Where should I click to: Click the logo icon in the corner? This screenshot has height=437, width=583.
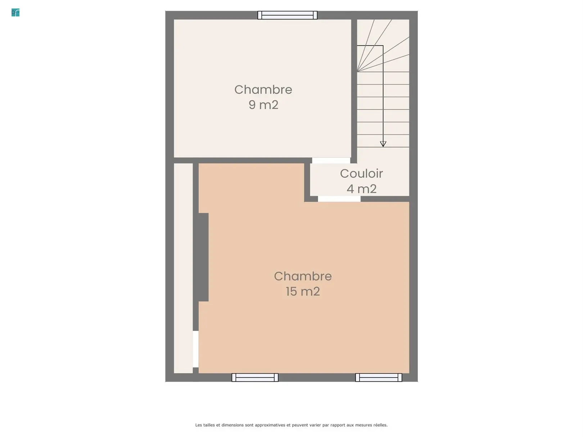(15, 13)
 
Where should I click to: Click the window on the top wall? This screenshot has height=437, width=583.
(288, 15)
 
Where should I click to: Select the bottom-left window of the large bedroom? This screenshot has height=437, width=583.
(255, 377)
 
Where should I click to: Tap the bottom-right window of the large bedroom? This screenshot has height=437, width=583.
(379, 377)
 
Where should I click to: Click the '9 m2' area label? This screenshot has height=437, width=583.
(263, 105)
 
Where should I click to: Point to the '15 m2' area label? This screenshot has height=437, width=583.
(303, 291)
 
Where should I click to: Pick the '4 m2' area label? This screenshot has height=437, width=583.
(361, 189)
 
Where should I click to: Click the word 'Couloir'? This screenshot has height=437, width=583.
(361, 174)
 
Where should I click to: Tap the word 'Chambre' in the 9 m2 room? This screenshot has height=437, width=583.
(263, 90)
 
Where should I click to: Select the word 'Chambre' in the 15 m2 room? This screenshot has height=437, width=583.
(303, 276)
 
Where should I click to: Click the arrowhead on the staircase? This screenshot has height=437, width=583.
(383, 144)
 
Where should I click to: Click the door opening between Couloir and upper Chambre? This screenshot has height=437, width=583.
(331, 160)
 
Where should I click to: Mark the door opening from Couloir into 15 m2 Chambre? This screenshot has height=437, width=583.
(339, 199)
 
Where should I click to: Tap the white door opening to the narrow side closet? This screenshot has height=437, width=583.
(195, 349)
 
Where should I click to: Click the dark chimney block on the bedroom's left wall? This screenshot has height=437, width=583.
(203, 257)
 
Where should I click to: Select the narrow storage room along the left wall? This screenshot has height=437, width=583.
(183, 268)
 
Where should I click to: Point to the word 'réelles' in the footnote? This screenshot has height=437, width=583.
(380, 425)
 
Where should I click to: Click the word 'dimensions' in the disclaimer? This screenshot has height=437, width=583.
(232, 425)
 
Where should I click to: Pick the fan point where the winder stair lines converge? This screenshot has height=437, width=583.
(357, 72)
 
